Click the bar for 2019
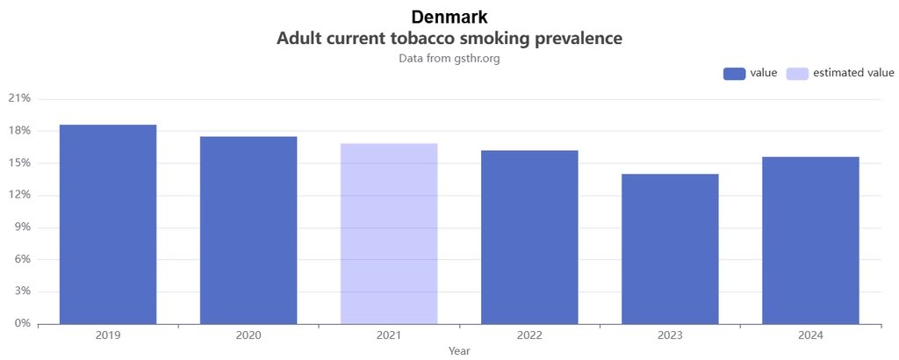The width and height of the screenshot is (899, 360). pos(108,224)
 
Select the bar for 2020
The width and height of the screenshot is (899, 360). pos(248,230)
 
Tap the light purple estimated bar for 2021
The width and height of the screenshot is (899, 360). pos(389,234)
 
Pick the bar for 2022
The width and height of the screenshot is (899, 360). pos(529,237)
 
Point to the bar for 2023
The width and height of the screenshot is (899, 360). pos(670,248)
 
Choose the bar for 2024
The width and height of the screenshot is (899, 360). pos(810,240)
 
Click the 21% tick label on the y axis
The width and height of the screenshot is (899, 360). pos(19,98)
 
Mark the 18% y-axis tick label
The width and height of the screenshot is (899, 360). pos(19,131)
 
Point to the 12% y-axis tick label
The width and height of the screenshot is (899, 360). pos(19,195)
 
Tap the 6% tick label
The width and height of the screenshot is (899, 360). pos(22,259)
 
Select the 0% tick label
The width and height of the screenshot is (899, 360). pos(22,323)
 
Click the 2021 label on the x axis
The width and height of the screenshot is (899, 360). pos(389,335)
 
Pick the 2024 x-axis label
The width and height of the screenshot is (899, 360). pos(810,335)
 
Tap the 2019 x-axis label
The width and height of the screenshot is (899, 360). pos(108,335)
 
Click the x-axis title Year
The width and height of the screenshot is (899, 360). pos(459,351)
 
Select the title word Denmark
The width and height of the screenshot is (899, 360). pos(449,17)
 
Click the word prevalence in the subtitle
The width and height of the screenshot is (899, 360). pos(573,39)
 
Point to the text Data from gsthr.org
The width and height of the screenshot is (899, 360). pos(449,59)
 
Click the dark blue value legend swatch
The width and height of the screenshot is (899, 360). pos(734,73)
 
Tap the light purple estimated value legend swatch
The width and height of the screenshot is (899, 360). pos(797,73)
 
